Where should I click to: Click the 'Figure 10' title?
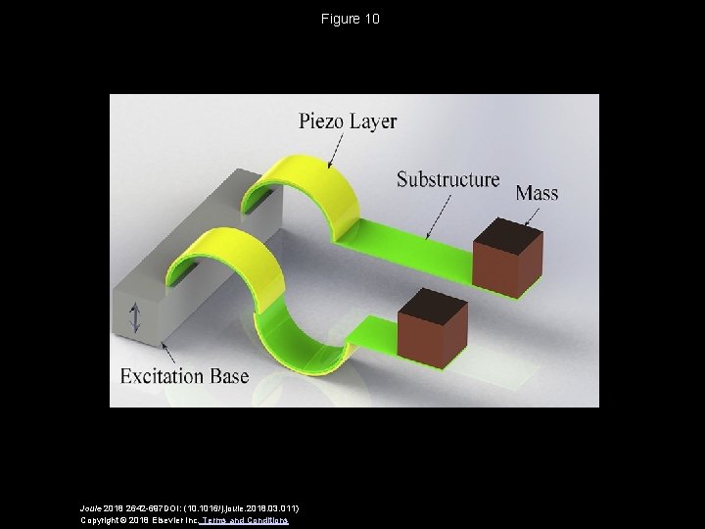coord(352,20)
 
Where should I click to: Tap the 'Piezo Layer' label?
coord(348,122)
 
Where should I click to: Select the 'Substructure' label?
coord(447,180)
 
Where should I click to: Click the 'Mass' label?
coord(536,193)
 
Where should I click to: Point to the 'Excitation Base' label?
coord(184,375)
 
